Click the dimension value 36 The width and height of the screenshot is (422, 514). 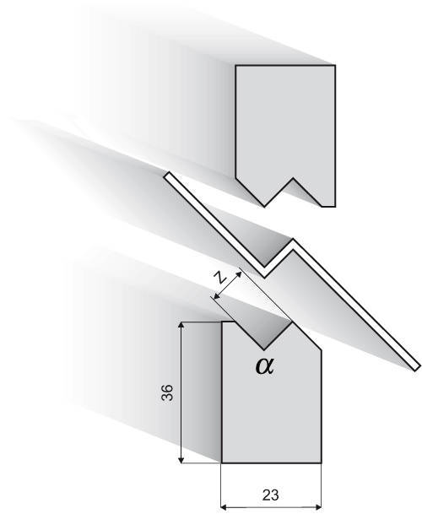[167, 392]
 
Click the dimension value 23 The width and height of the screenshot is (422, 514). [271, 495]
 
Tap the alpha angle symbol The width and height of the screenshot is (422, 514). [264, 366]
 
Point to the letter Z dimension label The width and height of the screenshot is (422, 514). [220, 279]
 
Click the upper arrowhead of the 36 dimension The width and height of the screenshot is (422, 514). [181, 325]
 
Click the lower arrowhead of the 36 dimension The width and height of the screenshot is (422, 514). [181, 460]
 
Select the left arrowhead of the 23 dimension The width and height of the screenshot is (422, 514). [224, 507]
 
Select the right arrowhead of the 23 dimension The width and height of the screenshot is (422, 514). [318, 507]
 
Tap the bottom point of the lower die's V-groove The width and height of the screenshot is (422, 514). [264, 349]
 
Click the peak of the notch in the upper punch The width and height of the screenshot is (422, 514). [293, 179]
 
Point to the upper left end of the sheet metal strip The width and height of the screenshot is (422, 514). [167, 176]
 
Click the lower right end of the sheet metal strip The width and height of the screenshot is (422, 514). [416, 367]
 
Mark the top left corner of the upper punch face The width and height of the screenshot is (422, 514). [235, 66]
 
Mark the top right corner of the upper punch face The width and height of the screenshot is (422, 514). [335, 66]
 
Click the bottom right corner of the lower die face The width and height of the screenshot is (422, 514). [321, 463]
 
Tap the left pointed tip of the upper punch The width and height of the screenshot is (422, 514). [264, 207]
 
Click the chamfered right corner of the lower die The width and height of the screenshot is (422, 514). [321, 350]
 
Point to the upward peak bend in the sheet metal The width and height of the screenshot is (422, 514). [293, 241]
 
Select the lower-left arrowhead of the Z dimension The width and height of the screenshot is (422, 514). [216, 297]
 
